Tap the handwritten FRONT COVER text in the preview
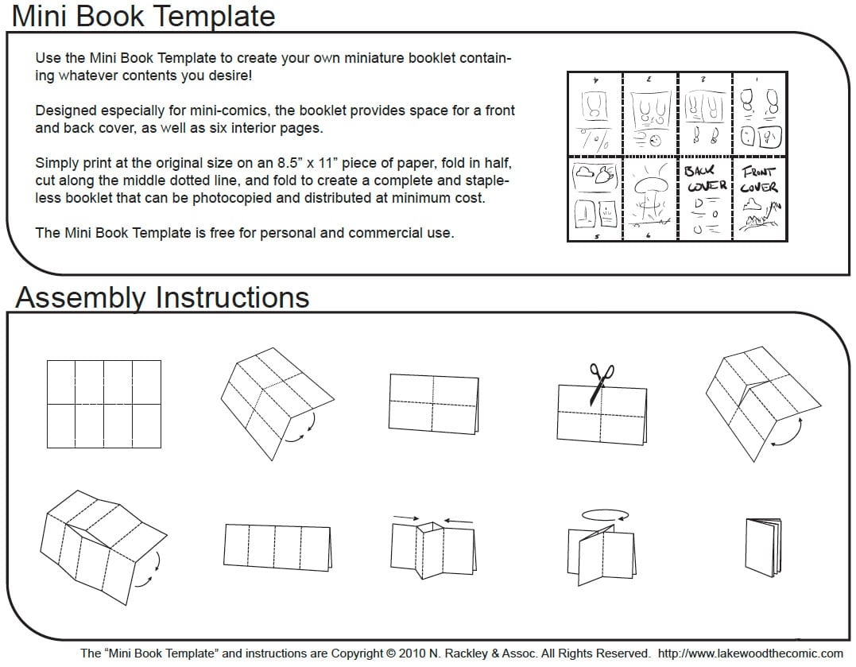click(759, 180)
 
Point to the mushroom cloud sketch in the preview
click(650, 192)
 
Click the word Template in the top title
click(211, 16)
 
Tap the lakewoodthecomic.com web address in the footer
click(751, 653)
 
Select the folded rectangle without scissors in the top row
click(434, 402)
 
